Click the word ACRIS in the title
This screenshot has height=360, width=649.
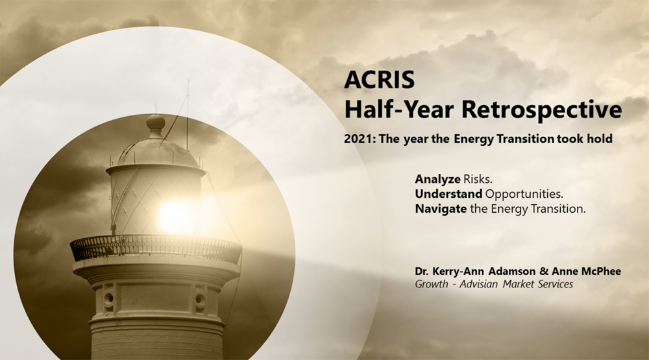tap(379, 79)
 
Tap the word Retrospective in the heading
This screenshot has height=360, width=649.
tap(541, 110)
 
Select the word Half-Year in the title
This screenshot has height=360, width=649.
tap(399, 110)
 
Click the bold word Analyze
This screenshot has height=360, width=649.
tap(437, 179)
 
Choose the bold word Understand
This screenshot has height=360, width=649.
tap(448, 194)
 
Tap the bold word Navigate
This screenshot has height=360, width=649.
tap(441, 209)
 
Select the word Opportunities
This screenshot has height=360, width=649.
tap(524, 194)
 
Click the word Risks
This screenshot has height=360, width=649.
tap(478, 179)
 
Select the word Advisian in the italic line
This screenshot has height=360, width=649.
tap(478, 284)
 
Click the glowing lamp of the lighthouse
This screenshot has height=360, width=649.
tap(176, 217)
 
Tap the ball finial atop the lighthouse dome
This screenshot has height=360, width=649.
tap(156, 122)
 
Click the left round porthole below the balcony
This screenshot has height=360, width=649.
tap(109, 298)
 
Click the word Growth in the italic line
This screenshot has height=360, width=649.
tap(432, 284)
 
